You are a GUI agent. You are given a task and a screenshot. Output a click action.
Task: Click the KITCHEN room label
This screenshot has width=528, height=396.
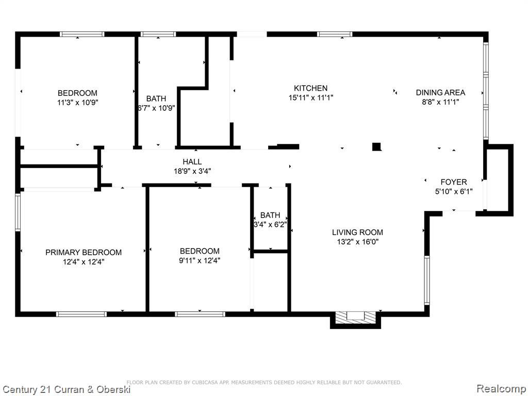[x=310, y=88]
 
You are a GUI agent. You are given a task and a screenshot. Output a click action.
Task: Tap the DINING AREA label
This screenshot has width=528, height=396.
[x=440, y=93]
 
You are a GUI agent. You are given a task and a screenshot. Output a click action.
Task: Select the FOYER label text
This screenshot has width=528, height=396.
[x=454, y=182]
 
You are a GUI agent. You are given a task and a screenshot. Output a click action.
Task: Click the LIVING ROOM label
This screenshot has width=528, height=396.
[x=357, y=233]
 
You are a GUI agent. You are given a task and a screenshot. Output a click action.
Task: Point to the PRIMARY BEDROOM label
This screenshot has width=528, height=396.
[x=84, y=252]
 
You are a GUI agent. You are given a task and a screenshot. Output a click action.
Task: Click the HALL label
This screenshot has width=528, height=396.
[x=192, y=162]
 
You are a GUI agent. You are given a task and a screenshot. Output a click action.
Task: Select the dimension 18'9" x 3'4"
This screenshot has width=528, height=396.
[x=192, y=171]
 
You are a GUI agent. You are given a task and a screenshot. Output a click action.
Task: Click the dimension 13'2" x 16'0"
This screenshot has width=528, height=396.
[x=357, y=242]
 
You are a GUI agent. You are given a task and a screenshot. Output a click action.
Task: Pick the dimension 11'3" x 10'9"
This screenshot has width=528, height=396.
[x=77, y=102]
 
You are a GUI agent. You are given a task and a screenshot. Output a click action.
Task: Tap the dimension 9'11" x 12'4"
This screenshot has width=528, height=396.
[x=200, y=261]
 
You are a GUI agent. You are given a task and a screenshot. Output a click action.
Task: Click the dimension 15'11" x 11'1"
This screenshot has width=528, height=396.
[x=310, y=97]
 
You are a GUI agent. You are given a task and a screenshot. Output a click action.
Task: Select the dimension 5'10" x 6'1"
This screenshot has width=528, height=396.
[x=454, y=191]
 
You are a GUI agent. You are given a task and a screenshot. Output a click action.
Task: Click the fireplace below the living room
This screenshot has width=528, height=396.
[x=355, y=317]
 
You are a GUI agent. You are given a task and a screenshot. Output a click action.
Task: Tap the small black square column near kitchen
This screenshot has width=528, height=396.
[x=376, y=147]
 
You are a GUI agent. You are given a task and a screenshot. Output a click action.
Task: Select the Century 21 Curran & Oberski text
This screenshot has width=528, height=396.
[x=66, y=389]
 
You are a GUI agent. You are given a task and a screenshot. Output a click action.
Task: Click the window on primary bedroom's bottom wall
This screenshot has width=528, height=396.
[x=81, y=313]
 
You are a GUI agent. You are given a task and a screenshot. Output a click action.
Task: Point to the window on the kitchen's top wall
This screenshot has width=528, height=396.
[x=335, y=35]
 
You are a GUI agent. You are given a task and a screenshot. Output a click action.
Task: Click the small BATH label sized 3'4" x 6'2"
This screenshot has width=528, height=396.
[x=270, y=215]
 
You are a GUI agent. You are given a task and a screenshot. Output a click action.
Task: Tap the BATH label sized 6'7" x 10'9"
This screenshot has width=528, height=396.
[x=156, y=98]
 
